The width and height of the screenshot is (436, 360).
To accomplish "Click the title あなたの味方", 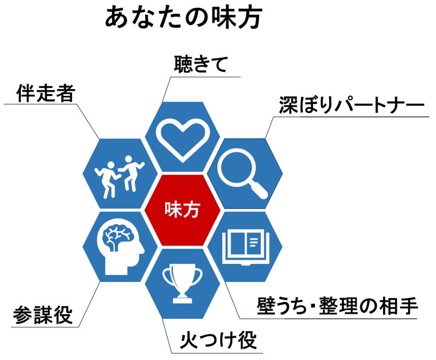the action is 183,17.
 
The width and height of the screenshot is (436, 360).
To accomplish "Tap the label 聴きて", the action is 201,64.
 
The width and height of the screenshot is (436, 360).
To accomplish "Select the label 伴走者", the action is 46,93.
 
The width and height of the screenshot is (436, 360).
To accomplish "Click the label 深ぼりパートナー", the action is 351,105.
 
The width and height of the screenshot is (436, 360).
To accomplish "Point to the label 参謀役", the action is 43,315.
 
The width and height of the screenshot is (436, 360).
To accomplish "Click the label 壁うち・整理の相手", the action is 337,306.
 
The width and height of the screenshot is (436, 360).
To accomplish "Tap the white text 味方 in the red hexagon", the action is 182,210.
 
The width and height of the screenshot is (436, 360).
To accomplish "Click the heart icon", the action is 183,139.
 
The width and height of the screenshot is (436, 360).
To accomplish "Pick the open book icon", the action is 246,247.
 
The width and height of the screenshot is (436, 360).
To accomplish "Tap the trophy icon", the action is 182,283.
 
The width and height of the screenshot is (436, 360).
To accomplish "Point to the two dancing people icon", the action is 120,177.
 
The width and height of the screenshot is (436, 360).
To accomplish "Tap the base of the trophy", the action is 182,300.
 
